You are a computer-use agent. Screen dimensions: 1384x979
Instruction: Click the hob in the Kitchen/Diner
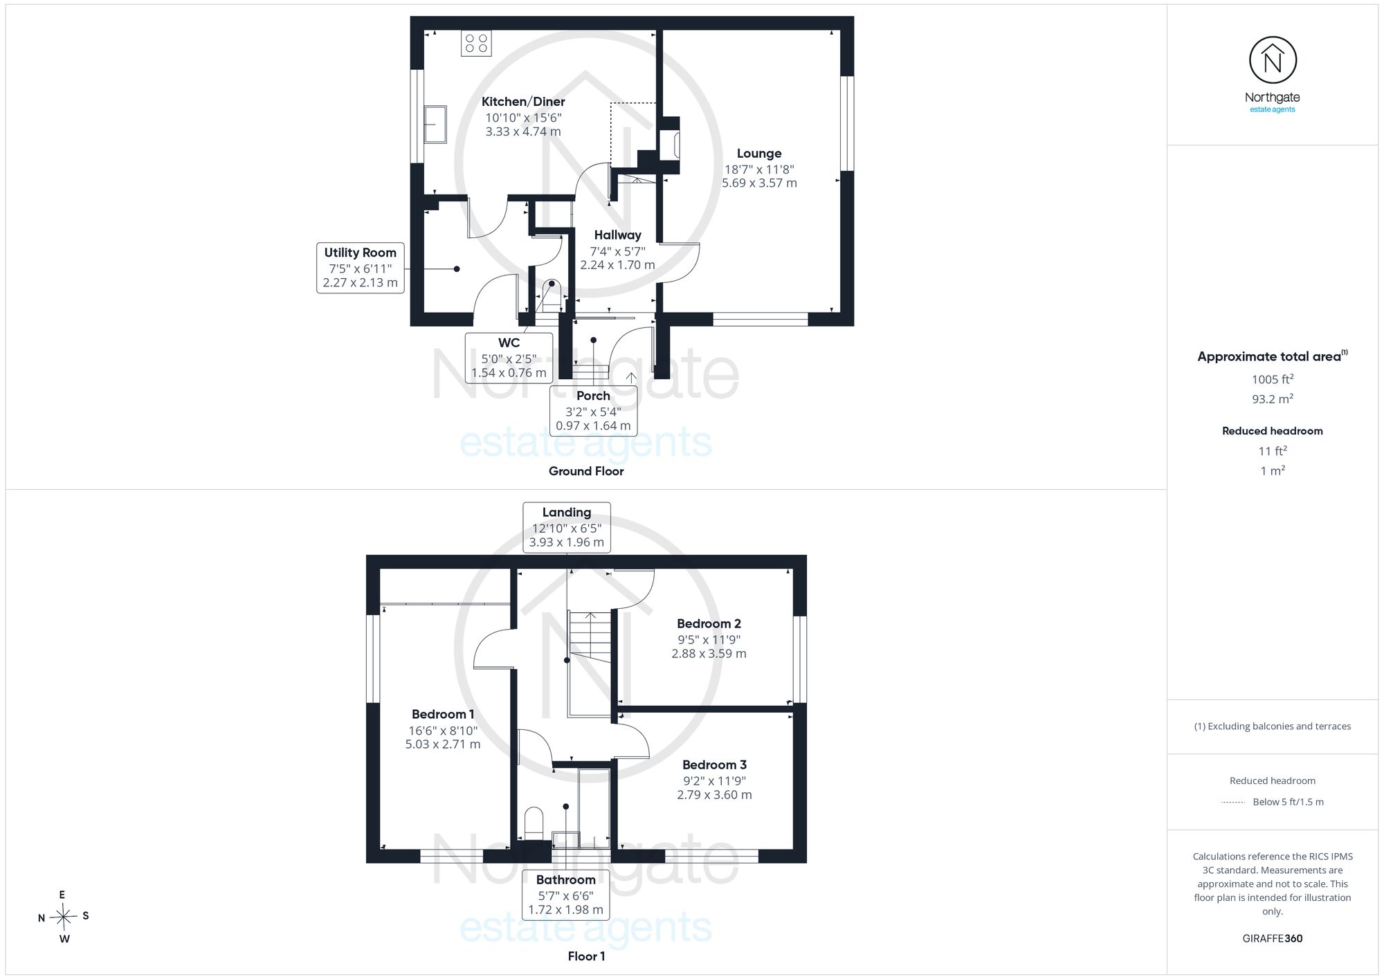[x=476, y=43]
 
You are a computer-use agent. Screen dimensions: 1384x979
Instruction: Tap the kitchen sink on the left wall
[x=435, y=124]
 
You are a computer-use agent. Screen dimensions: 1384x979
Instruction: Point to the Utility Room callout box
[x=361, y=268]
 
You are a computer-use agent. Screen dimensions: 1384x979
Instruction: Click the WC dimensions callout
[x=509, y=358]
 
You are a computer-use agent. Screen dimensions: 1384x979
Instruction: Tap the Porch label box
[x=593, y=410]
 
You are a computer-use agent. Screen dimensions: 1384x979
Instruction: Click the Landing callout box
[x=567, y=527]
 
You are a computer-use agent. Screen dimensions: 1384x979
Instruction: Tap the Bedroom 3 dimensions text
[x=714, y=788]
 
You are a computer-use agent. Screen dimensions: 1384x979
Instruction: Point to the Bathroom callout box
[x=565, y=895]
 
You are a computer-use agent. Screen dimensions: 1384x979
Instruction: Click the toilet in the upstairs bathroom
[x=534, y=823]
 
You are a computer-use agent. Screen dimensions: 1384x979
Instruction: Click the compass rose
[x=63, y=917]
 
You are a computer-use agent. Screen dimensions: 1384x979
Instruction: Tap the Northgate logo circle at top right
[x=1273, y=61]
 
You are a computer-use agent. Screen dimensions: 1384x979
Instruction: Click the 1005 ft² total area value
[x=1273, y=379]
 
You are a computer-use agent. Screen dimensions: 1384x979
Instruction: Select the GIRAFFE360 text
[x=1273, y=939]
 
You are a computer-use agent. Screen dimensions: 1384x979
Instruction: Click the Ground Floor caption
[x=586, y=471]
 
